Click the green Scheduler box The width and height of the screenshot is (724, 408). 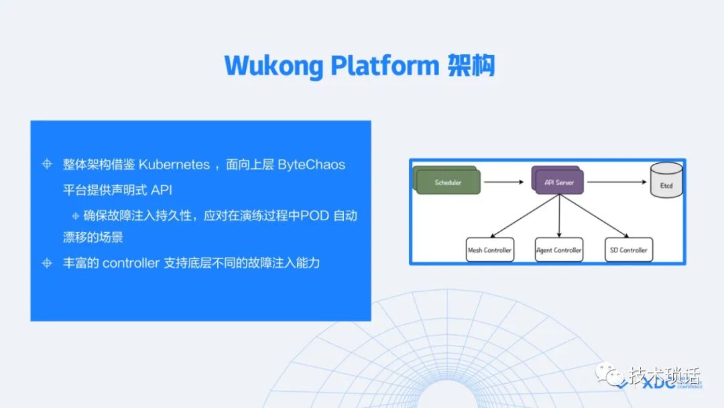[x=448, y=183]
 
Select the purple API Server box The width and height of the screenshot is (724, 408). [x=559, y=182]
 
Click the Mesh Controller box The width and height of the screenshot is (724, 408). [x=489, y=250]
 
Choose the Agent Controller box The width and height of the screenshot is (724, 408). [x=559, y=250]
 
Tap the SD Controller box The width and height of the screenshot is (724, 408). [x=629, y=250]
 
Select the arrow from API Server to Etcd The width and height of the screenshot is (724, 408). [x=617, y=182]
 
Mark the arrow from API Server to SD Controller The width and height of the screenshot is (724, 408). [x=594, y=215]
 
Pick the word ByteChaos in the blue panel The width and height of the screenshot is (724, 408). [x=312, y=165]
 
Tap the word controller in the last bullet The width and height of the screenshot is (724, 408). [x=130, y=263]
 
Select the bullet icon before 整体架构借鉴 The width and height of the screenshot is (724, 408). [x=47, y=165]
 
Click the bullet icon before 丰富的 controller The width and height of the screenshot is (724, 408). [x=47, y=263]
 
